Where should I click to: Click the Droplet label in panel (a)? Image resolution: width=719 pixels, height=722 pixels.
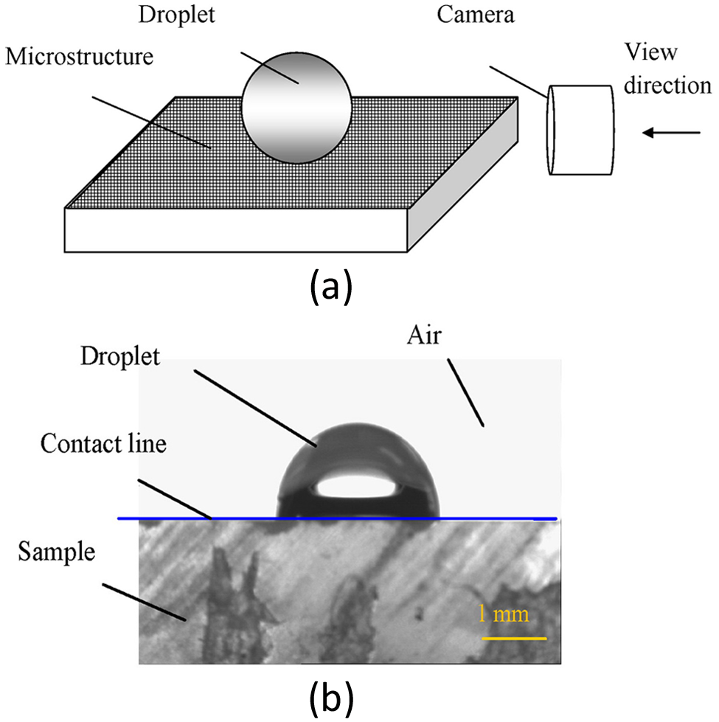pyautogui.click(x=177, y=15)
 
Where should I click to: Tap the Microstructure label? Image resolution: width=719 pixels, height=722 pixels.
pyautogui.click(x=79, y=57)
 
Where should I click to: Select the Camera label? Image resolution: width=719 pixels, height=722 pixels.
pyautogui.click(x=476, y=14)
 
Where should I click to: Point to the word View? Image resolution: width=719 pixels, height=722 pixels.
pyautogui.click(x=651, y=52)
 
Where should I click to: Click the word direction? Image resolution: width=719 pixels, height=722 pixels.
pyautogui.click(x=667, y=86)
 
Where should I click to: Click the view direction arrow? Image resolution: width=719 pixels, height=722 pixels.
pyautogui.click(x=671, y=133)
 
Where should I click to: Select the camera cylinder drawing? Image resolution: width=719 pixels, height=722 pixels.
pyautogui.click(x=580, y=131)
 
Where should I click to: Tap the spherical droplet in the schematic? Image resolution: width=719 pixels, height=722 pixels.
pyautogui.click(x=296, y=108)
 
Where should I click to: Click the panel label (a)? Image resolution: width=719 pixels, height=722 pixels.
pyautogui.click(x=331, y=288)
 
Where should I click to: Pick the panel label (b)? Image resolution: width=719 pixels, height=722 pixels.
pyautogui.click(x=331, y=698)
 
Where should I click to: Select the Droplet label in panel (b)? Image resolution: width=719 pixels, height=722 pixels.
pyautogui.click(x=120, y=357)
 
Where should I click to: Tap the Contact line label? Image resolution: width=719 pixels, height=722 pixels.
pyautogui.click(x=103, y=443)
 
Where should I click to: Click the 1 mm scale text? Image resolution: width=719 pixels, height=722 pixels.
pyautogui.click(x=504, y=614)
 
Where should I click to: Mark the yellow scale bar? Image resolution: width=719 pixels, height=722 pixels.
pyautogui.click(x=514, y=639)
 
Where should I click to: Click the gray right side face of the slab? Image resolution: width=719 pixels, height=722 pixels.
pyautogui.click(x=462, y=175)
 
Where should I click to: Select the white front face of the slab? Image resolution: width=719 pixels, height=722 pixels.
pyautogui.click(x=236, y=230)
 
